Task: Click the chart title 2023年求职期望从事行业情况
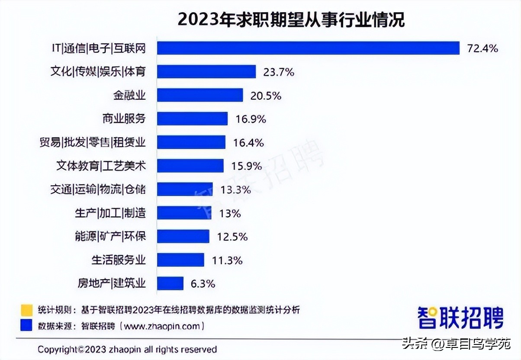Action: [291, 19]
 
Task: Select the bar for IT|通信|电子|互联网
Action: [308, 48]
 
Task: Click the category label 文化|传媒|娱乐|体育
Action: [98, 72]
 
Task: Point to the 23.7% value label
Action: [279, 72]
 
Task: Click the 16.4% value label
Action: [248, 142]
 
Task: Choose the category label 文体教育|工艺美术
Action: [101, 166]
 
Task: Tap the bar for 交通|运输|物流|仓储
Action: [184, 190]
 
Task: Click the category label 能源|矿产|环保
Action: [110, 236]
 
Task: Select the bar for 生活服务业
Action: [180, 260]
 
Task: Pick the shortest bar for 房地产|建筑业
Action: [170, 283]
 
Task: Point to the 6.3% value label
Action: [203, 284]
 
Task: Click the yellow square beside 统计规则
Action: [26, 310]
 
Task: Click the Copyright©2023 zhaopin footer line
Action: [127, 349]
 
